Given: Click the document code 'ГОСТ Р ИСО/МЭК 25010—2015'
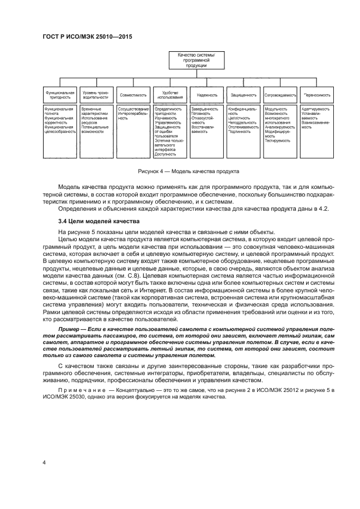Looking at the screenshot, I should (88, 36).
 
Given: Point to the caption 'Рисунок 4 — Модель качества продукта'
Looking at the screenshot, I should (188, 171).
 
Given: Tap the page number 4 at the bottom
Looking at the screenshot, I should (44, 462).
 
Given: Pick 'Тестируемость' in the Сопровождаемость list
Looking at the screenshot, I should (278, 140).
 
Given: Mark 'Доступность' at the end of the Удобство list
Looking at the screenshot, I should (166, 155).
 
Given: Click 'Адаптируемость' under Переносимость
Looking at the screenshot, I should (315, 108).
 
